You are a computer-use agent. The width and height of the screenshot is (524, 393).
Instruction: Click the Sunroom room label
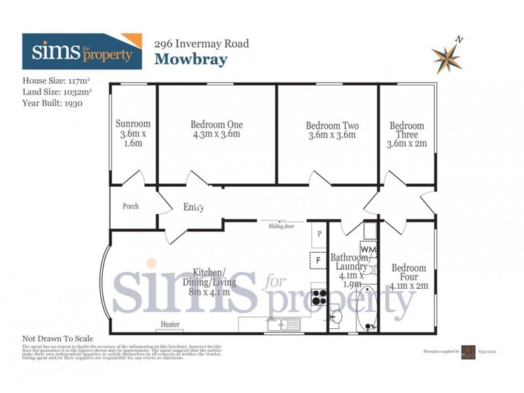click(x=133, y=133)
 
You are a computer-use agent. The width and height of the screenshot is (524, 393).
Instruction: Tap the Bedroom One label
click(x=217, y=129)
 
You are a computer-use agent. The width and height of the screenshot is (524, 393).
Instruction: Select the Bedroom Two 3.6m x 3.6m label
click(x=332, y=130)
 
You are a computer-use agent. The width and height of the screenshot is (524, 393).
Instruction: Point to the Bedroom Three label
click(x=407, y=134)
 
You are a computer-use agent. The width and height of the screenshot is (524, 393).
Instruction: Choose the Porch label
click(x=131, y=206)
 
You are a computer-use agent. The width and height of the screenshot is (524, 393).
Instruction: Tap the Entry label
click(x=194, y=208)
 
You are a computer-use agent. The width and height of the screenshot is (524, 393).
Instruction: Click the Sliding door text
click(x=281, y=227)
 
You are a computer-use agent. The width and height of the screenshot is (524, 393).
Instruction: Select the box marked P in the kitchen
click(x=318, y=234)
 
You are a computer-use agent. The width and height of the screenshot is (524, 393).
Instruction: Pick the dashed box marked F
click(x=318, y=260)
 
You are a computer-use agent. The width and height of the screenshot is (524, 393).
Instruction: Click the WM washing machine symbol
click(x=368, y=250)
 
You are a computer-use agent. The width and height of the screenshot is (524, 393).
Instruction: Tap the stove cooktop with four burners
click(x=319, y=298)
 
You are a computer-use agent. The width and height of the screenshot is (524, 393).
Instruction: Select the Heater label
click(x=170, y=324)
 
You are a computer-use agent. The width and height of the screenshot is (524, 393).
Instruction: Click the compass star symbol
click(x=447, y=57)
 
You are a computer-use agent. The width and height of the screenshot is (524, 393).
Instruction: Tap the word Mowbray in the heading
click(x=191, y=60)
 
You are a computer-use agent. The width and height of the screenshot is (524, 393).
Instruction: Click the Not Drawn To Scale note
click(x=58, y=338)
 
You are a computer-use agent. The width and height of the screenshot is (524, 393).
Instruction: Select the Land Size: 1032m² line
click(x=57, y=92)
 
